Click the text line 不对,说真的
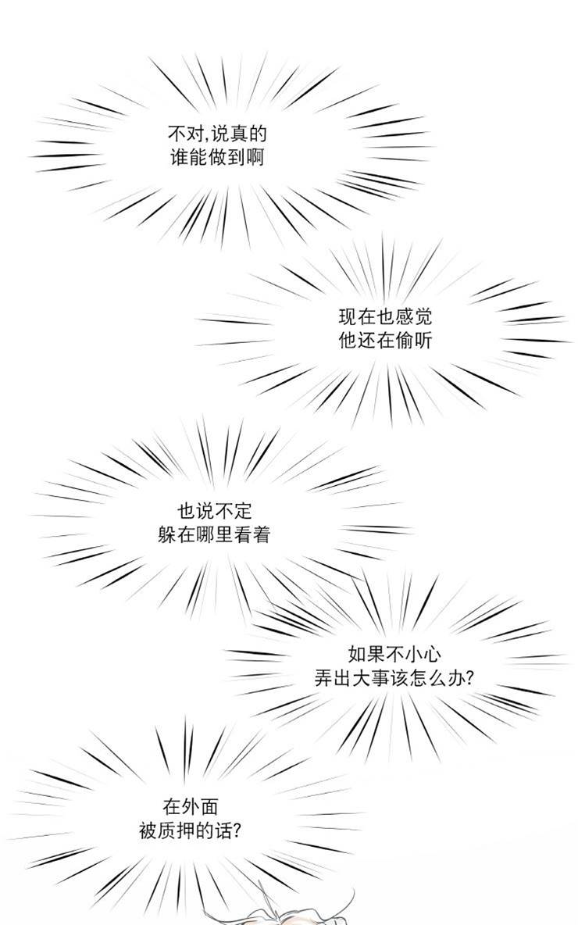pyautogui.click(x=217, y=134)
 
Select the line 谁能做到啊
pyautogui.click(x=217, y=158)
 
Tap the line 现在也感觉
pyautogui.click(x=385, y=317)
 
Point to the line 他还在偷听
pyautogui.click(x=385, y=341)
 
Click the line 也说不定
pyautogui.click(x=215, y=510)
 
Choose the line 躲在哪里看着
pyautogui.click(x=214, y=534)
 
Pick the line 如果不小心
pyautogui.click(x=394, y=654)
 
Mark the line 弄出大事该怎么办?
pyautogui.click(x=394, y=678)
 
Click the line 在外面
pyautogui.click(x=191, y=805)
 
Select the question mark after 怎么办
pyautogui.click(x=469, y=678)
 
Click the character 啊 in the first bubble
pyautogui.click(x=255, y=158)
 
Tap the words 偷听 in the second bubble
pyautogui.click(x=413, y=341)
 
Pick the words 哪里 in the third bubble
pyautogui.click(x=214, y=534)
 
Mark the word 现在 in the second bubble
pyautogui.click(x=357, y=317)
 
